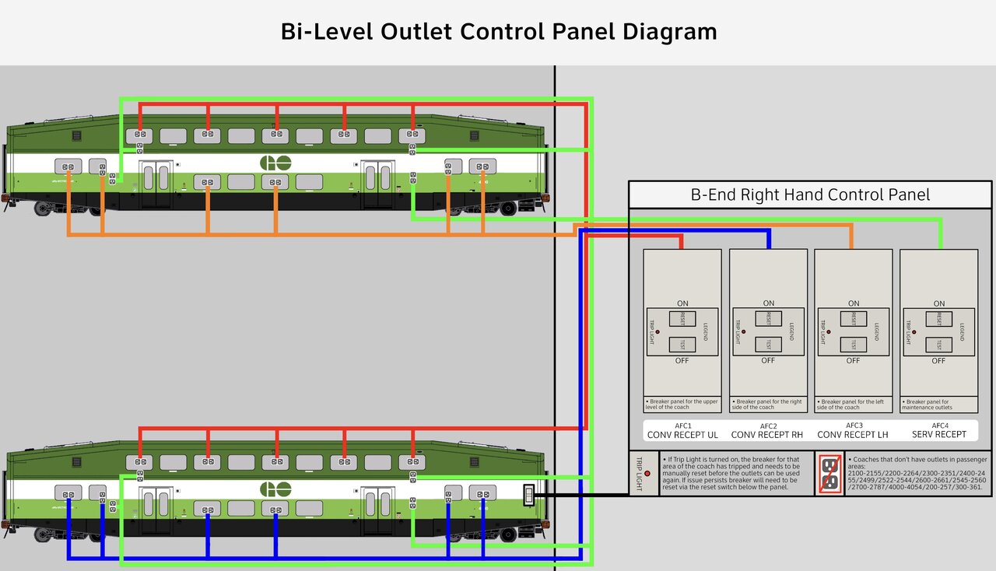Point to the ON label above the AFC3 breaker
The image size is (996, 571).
pyautogui.click(x=854, y=303)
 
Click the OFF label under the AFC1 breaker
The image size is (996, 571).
pyautogui.click(x=682, y=361)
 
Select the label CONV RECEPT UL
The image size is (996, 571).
pyautogui.click(x=682, y=435)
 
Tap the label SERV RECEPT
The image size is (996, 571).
pyautogui.click(x=939, y=435)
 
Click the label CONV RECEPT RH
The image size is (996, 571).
pyautogui.click(x=768, y=435)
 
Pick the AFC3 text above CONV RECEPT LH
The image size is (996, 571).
pyautogui.click(x=854, y=426)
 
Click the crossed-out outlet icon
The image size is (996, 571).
pyautogui.click(x=829, y=474)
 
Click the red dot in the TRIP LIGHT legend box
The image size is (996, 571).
pyautogui.click(x=647, y=474)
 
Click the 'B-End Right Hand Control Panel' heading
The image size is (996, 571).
pyautogui.click(x=810, y=194)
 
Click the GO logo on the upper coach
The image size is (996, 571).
pyautogui.click(x=275, y=163)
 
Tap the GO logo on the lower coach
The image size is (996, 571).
pyautogui.click(x=275, y=490)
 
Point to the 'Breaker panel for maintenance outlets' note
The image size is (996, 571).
pyautogui.click(x=938, y=405)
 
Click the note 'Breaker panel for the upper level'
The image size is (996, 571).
pyautogui.click(x=682, y=405)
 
